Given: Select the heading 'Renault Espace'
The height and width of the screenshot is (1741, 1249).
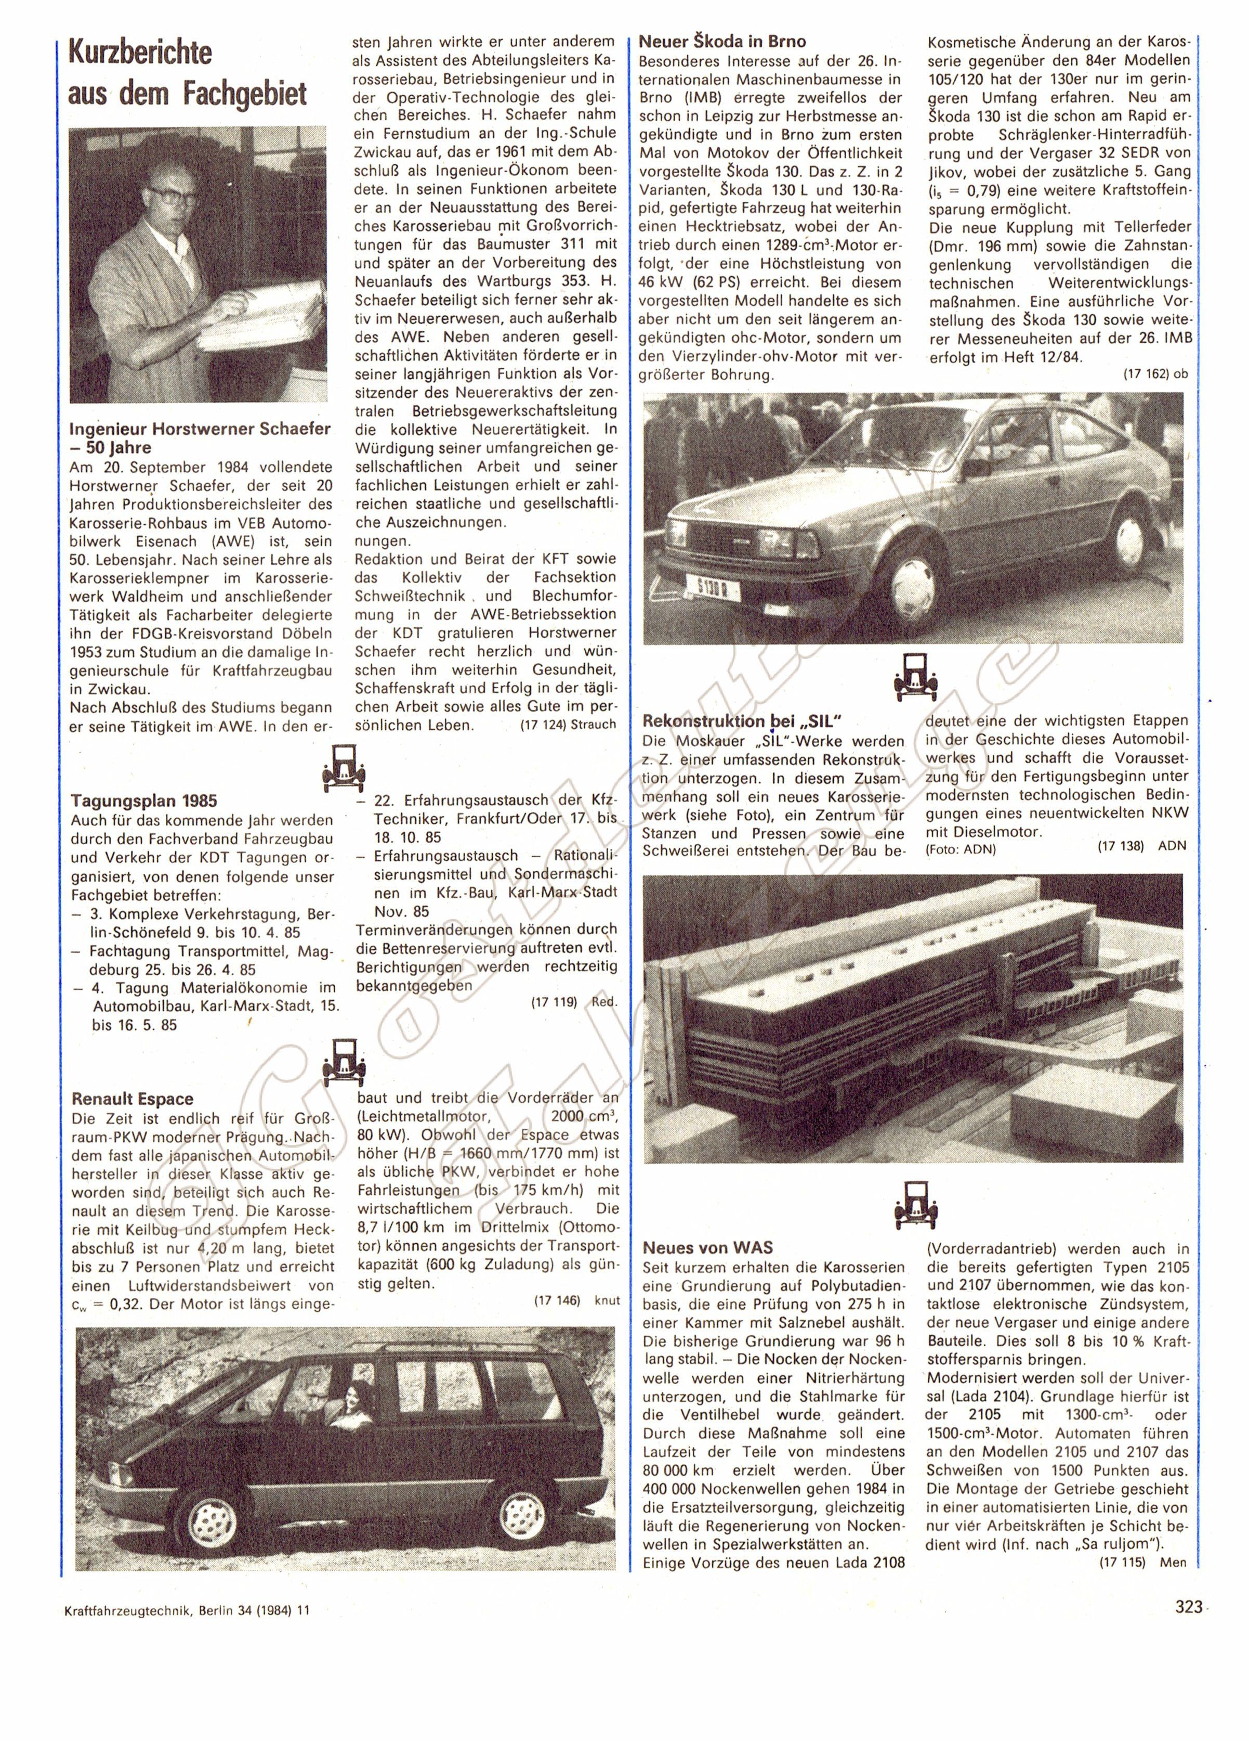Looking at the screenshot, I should [x=132, y=1099].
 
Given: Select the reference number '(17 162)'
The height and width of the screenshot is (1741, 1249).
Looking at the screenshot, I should [x=1146, y=374].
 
